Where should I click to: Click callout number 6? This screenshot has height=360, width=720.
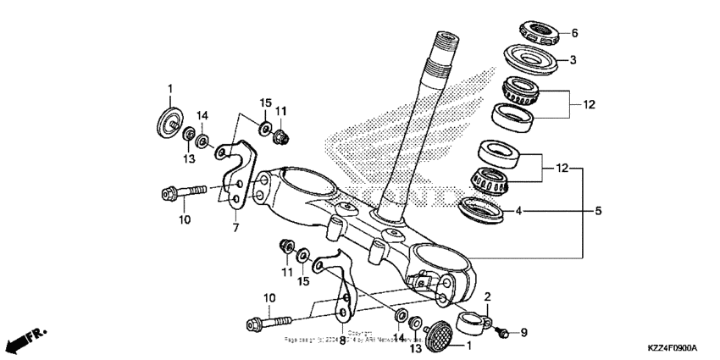[573, 34]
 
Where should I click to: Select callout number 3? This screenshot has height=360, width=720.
[573, 60]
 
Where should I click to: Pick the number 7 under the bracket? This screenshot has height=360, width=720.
[235, 228]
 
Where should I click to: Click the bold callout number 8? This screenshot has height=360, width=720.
[342, 340]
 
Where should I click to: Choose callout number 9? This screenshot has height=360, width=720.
[523, 333]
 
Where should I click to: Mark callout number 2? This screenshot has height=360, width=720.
[488, 296]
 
